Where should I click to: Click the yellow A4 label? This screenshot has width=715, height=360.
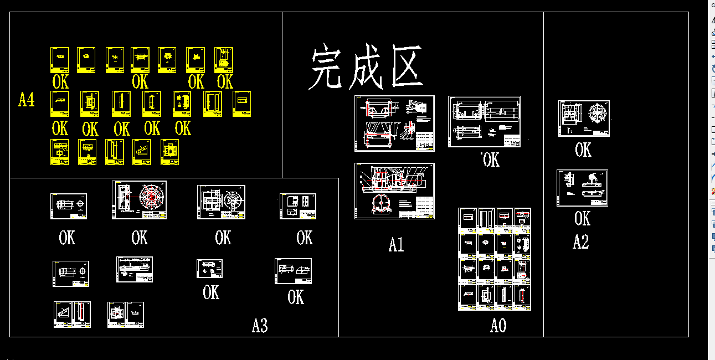tap(27, 100)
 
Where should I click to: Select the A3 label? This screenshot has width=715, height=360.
tap(260, 326)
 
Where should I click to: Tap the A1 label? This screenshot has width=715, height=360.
tap(397, 244)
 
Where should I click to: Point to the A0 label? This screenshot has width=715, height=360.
tap(498, 326)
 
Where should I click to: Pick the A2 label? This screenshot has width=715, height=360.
tap(580, 242)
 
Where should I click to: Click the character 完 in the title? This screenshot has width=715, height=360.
tap(326, 68)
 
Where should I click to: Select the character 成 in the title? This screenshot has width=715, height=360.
tap(367, 68)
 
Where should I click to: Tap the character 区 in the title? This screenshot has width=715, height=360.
tap(407, 68)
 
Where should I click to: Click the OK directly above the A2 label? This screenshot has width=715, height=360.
tap(582, 219)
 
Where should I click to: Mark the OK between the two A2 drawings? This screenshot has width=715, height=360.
tap(583, 150)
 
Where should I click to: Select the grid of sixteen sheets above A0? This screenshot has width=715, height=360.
tap(495, 259)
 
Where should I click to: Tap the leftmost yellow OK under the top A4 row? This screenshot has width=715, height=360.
tap(60, 82)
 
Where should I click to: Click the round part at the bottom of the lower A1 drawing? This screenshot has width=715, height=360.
tap(383, 205)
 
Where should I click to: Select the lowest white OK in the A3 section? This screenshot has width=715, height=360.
tap(296, 297)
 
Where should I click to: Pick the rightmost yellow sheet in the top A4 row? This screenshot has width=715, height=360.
tap(224, 60)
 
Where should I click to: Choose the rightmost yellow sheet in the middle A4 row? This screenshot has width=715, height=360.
tap(241, 104)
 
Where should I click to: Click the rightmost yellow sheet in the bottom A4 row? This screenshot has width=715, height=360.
tap(170, 152)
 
